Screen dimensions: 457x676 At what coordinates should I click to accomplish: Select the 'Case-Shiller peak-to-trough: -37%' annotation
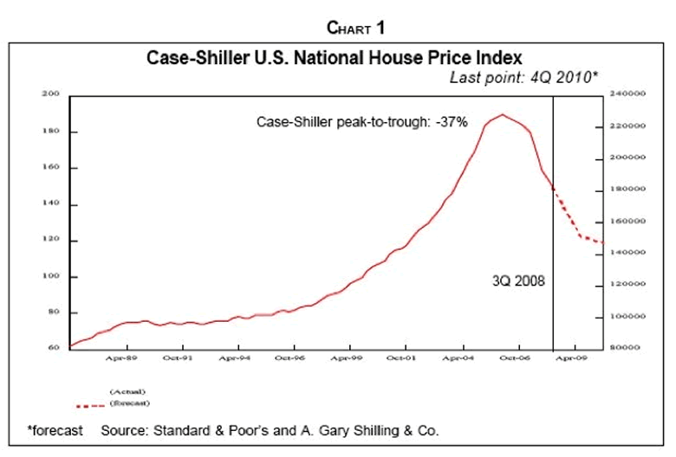361,122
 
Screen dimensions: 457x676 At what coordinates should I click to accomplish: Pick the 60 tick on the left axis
51,348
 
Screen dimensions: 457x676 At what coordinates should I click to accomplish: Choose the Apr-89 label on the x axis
120,357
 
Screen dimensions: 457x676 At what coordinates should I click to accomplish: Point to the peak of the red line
502,114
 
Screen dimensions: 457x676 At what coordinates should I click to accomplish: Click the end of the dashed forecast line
602,242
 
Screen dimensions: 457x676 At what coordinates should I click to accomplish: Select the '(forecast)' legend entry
128,403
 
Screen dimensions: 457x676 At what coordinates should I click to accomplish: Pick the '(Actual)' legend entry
126,393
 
